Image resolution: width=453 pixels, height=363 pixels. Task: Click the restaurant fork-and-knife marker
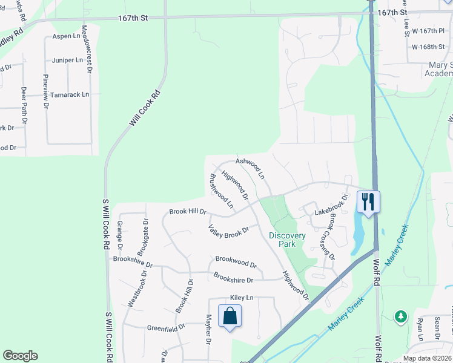point(368,201)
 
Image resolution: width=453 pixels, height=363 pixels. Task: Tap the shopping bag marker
point(230,315)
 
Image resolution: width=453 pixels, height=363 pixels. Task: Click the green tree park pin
point(400,316)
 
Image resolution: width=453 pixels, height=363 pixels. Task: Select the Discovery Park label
point(288,240)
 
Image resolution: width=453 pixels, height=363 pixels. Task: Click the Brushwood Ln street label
point(221,191)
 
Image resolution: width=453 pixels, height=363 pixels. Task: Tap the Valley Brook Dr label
point(229,231)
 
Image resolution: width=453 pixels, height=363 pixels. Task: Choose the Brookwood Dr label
point(236,264)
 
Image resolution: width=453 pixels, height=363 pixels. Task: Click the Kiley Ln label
point(242,298)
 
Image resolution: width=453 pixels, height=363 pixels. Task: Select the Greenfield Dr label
point(165,328)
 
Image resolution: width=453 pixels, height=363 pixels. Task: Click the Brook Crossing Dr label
point(325,240)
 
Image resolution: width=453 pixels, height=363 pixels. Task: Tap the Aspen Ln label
point(67,36)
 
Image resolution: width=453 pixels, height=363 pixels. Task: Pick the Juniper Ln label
point(68,60)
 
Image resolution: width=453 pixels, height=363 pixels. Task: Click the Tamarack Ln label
point(70,94)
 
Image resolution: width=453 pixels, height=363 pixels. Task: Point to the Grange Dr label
point(119,235)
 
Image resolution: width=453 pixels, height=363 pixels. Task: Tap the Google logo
point(21,356)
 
